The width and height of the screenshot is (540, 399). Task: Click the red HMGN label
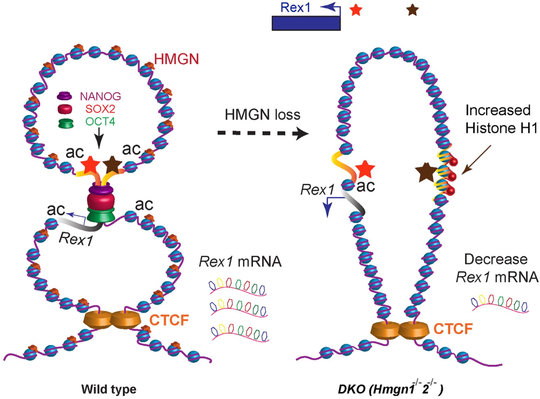(x=176, y=59)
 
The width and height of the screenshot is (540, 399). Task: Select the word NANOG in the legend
(x=100, y=96)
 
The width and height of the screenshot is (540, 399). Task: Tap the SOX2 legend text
(x=100, y=109)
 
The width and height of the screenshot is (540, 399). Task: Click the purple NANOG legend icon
(x=64, y=96)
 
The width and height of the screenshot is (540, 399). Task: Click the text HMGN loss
(x=262, y=115)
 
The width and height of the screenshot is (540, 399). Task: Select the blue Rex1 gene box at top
(x=306, y=23)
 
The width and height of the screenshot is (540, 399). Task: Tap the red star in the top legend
(x=356, y=10)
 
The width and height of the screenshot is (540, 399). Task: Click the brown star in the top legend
(x=412, y=10)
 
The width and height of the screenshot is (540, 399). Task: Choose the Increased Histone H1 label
(x=501, y=119)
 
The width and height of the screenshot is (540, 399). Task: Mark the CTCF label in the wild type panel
(x=169, y=320)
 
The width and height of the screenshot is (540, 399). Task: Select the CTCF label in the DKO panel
(x=453, y=329)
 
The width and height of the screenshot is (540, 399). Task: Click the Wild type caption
(x=109, y=389)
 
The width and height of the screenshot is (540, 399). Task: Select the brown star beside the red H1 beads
(x=426, y=172)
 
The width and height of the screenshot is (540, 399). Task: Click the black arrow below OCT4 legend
(x=99, y=139)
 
